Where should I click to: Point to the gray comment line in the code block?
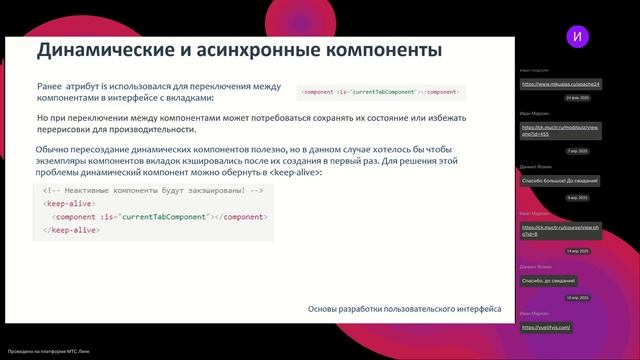coord(153,189)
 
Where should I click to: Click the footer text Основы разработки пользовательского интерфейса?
coord(404,309)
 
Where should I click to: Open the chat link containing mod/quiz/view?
coord(558,131)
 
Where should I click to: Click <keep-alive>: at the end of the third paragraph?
coord(297,173)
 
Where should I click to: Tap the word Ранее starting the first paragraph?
coord(50,87)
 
